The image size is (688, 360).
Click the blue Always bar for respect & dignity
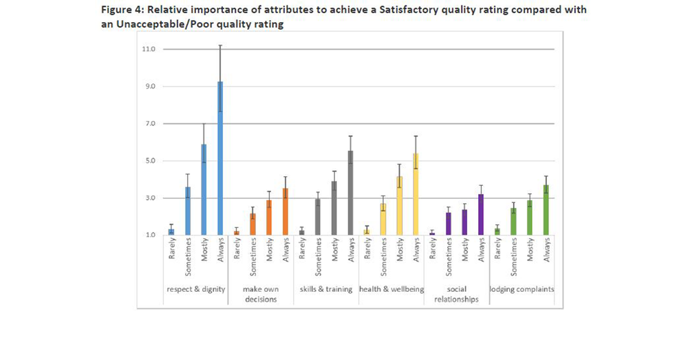click(x=220, y=158)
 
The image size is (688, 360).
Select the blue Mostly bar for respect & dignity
click(x=204, y=190)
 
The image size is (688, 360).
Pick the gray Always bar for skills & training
click(x=350, y=193)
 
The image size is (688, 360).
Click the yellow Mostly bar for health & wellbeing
click(x=399, y=206)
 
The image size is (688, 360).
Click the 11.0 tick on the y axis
click(x=149, y=50)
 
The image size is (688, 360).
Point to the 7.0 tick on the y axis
click(x=149, y=124)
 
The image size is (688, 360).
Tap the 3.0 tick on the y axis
click(x=149, y=198)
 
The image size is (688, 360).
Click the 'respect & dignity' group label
click(x=196, y=289)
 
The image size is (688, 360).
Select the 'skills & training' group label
click(x=326, y=289)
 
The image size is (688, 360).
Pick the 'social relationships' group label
click(x=456, y=294)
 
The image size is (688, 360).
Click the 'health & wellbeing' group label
click(x=391, y=289)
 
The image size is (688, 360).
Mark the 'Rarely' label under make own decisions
click(x=237, y=251)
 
